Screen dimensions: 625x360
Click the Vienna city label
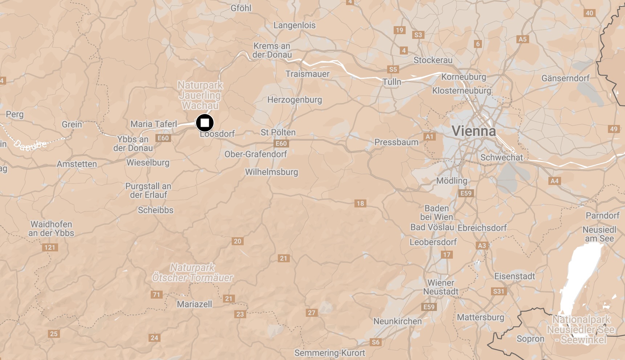click(474, 131)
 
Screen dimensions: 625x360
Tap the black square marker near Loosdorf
click(205, 123)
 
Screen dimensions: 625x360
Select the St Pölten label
click(278, 133)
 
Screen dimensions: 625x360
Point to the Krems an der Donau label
click(272, 50)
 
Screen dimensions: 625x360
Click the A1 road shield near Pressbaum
click(429, 137)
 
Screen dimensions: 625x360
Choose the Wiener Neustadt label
click(441, 287)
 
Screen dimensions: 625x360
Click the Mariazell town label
click(194, 304)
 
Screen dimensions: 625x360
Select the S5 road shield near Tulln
click(393, 69)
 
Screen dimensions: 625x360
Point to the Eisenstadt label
click(515, 276)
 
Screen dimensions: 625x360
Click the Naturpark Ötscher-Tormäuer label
click(192, 272)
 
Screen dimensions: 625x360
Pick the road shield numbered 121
click(50, 247)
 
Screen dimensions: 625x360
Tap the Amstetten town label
click(77, 164)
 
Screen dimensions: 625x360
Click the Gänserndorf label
click(565, 78)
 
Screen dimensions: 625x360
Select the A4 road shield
click(555, 181)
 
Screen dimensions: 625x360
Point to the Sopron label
click(530, 339)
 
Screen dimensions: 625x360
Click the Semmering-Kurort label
click(329, 353)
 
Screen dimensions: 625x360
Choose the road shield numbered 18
click(360, 203)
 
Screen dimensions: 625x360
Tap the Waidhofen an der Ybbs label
click(51, 228)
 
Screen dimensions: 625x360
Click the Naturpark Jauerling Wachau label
click(200, 95)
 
